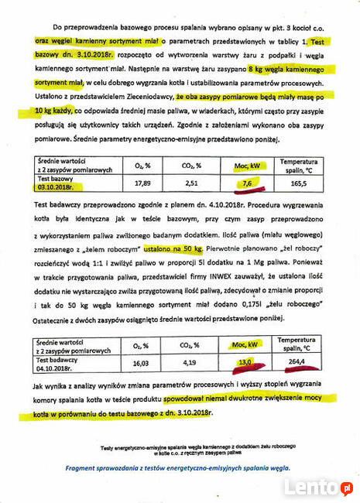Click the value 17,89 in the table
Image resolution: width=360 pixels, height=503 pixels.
(x=142, y=183)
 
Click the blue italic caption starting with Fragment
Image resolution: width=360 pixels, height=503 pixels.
(x=178, y=468)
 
